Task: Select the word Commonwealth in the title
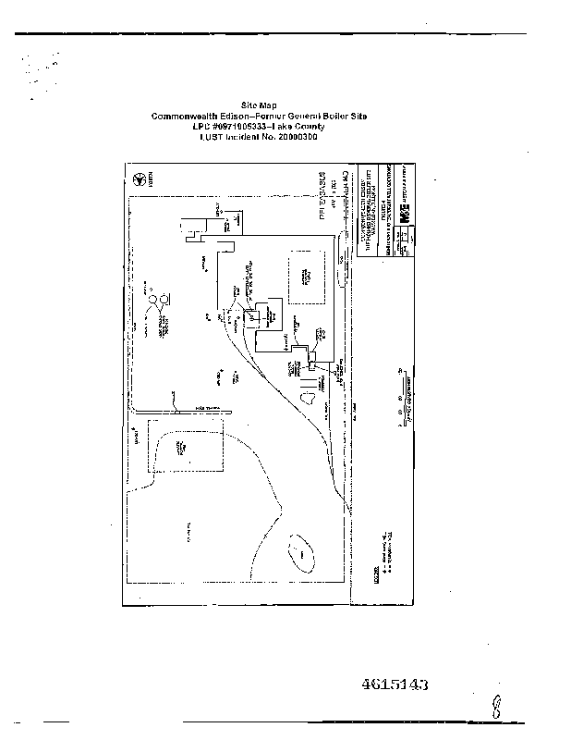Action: tap(185, 116)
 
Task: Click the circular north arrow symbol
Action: tap(140, 179)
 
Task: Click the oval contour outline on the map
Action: tap(301, 553)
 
